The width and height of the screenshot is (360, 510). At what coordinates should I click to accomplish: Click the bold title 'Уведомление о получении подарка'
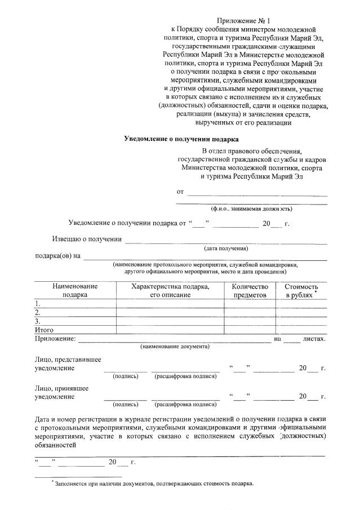click(181, 139)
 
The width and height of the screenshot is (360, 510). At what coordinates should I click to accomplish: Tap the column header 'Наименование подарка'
click(75, 291)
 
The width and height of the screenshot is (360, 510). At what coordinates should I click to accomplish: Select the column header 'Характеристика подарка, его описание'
click(170, 291)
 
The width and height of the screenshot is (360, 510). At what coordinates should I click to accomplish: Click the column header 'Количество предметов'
click(250, 291)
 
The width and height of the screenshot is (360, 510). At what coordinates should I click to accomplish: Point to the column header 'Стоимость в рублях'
click(301, 291)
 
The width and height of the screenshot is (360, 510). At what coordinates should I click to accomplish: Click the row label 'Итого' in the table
click(45, 330)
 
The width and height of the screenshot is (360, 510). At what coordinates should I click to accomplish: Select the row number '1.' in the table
click(38, 304)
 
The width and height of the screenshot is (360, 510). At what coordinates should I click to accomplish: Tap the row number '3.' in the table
click(38, 321)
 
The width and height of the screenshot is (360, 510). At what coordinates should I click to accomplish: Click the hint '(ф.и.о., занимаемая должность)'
click(251, 209)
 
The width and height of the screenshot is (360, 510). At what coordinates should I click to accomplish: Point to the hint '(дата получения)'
click(225, 249)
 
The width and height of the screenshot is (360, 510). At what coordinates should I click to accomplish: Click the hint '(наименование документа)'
click(175, 347)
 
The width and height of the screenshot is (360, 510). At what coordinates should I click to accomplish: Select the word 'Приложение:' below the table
click(55, 338)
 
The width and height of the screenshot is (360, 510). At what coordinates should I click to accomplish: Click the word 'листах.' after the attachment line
click(314, 338)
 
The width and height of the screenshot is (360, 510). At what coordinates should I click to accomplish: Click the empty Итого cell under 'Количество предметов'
click(250, 330)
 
